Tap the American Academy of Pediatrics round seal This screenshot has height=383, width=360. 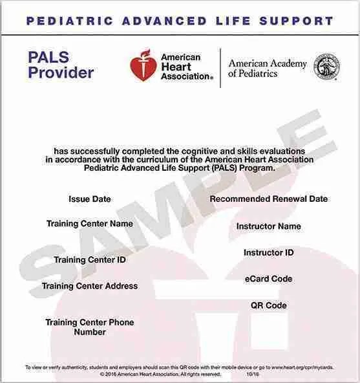tap(326, 67)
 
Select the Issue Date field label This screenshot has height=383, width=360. tap(90, 199)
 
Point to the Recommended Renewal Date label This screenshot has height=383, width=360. tap(268, 199)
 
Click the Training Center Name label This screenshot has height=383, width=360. tap(90, 224)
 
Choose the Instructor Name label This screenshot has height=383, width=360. tap(268, 226)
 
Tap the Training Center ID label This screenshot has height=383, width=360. tap(90, 260)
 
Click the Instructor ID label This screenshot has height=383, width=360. tap(268, 252)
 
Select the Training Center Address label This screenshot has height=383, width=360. tap(90, 286)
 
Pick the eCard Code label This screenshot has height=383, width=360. tap(268, 279)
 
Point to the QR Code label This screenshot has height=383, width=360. tap(268, 305)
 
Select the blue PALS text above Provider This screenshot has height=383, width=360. tap(49, 58)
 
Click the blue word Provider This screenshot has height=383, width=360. tap(61, 72)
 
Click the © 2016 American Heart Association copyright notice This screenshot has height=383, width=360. tap(160, 375)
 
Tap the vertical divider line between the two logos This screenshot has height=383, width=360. tap(220, 67)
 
